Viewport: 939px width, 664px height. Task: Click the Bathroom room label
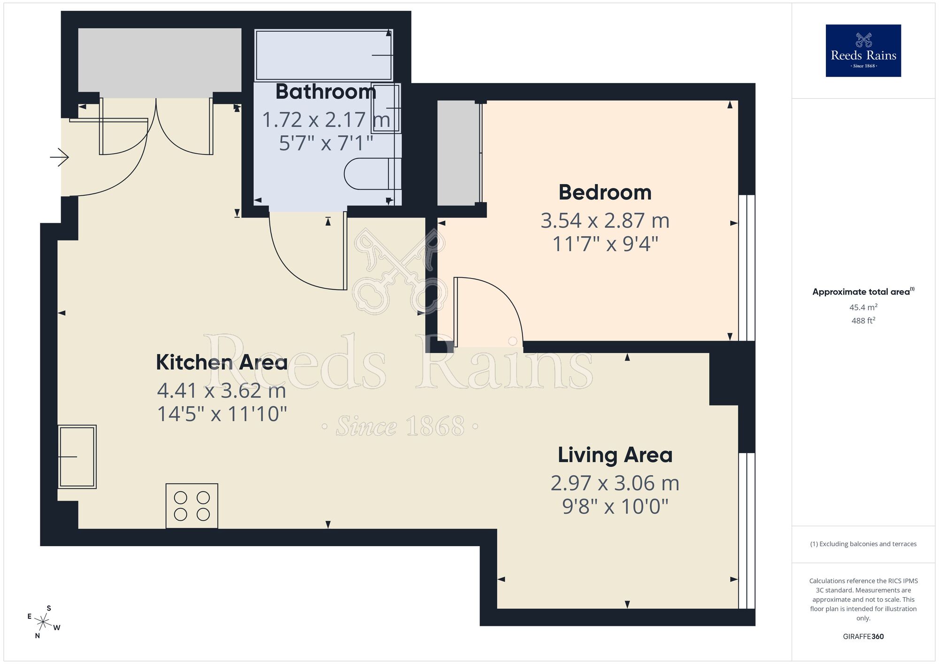pos(325,92)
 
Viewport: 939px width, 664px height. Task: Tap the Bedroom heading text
pos(605,193)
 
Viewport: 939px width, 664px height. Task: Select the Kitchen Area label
pos(222,362)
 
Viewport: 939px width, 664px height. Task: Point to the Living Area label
pos(615,455)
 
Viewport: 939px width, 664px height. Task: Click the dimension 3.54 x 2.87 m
pos(605,221)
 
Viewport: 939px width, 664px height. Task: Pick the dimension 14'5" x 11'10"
pos(222,414)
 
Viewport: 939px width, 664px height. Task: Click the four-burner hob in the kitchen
pos(192,506)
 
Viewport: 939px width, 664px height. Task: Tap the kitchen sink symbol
pos(77,456)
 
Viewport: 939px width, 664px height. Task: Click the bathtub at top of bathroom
pos(323,55)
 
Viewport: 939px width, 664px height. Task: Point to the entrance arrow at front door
pos(60,157)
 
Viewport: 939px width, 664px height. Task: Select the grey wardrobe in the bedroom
pos(458,153)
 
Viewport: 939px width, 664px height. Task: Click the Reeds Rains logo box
pos(863,51)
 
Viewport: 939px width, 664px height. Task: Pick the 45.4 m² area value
pos(863,308)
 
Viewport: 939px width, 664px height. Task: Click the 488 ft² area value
pos(863,321)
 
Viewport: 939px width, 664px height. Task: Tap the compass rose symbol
pos(43,623)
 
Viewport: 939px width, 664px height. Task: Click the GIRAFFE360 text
pos(863,637)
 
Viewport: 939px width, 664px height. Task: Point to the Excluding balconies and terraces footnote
pos(863,544)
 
